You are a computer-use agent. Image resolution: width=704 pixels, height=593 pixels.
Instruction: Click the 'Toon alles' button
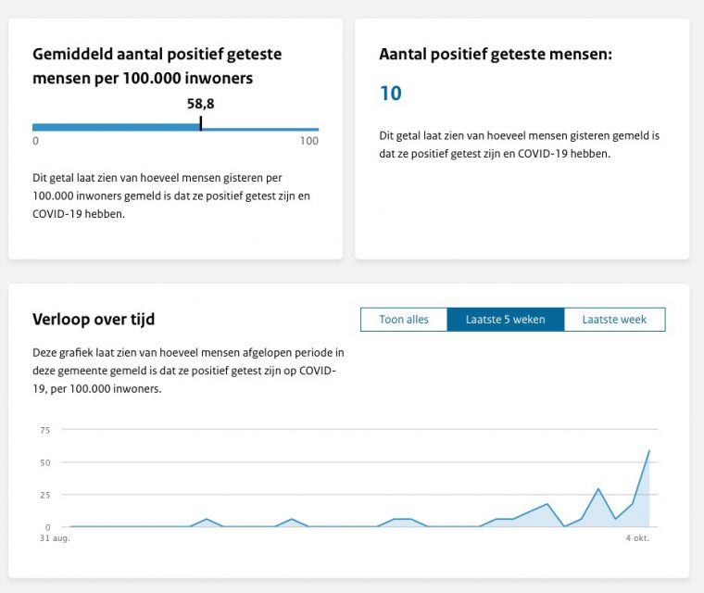pos(404,320)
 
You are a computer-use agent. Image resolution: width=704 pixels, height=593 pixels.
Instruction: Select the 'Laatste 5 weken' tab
pos(505,320)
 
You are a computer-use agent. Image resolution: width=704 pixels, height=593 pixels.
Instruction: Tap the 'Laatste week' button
pos(614,320)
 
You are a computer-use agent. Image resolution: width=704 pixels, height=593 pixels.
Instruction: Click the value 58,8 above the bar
pos(201,104)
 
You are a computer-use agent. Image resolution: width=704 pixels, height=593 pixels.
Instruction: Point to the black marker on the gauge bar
pos(201,123)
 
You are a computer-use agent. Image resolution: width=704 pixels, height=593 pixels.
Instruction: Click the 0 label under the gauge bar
pos(36,142)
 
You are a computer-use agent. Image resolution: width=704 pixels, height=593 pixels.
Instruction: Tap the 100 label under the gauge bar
pos(309,142)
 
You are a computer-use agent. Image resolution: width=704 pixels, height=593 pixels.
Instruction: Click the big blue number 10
pos(391,94)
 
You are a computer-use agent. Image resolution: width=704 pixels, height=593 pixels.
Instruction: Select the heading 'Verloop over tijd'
pos(94,320)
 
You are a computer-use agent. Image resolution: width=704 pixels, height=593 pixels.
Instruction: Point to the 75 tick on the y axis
pos(45,430)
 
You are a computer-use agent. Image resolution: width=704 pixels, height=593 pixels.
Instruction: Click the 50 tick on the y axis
pos(45,462)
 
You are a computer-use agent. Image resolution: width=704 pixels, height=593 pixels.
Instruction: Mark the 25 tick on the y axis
pos(45,495)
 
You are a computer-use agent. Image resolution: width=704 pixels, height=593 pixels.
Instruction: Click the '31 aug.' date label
pos(54,537)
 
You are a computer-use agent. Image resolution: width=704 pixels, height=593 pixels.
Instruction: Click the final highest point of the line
pos(649,451)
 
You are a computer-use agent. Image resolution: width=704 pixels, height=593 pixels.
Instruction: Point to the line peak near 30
pos(598,488)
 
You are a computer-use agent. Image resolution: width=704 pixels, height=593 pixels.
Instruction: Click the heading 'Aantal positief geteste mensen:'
pos(496,55)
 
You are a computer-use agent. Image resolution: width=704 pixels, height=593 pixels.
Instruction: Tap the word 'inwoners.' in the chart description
pos(135,389)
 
